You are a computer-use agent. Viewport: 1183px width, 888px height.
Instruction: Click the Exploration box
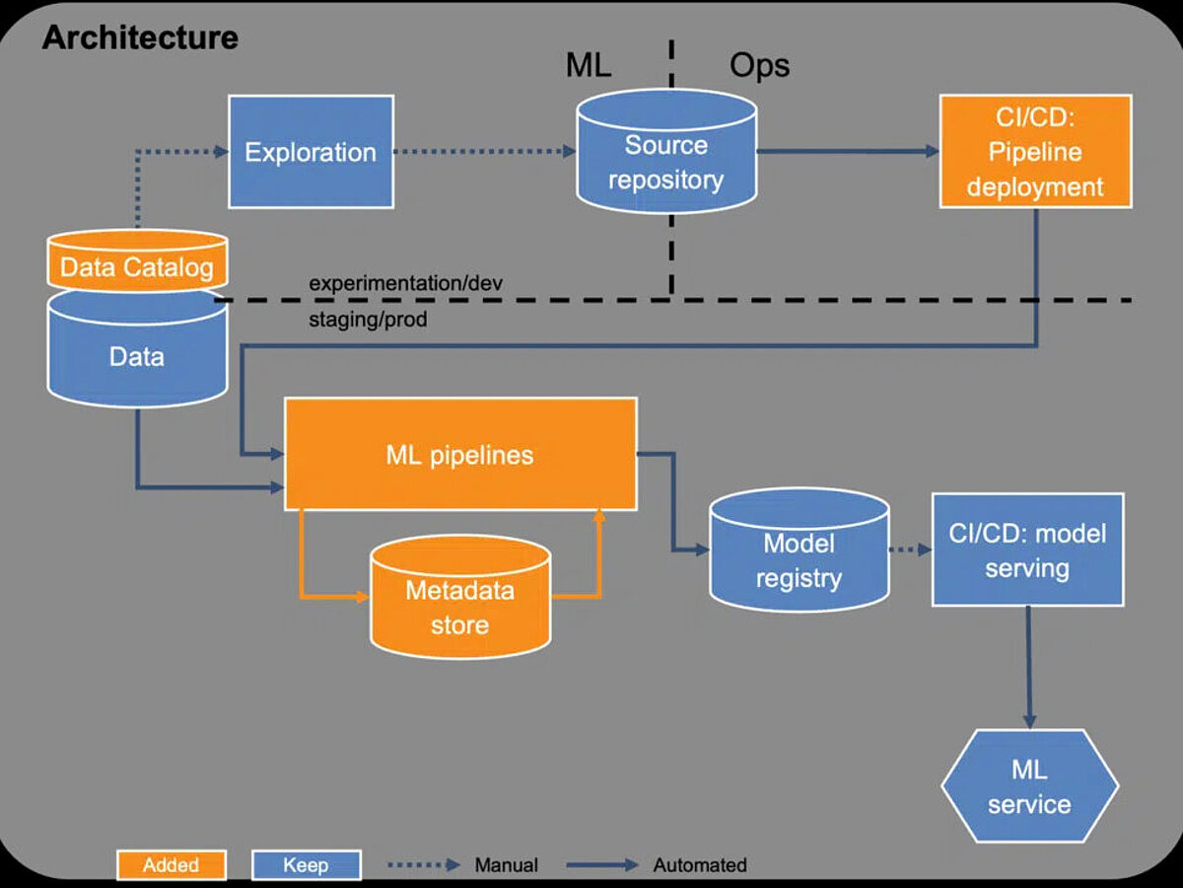pos(311,152)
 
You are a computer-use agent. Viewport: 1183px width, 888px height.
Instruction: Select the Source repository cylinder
pos(666,162)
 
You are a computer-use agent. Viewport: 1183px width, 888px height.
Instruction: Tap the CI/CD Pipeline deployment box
pos(1035,151)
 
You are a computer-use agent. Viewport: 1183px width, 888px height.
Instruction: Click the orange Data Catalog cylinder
pos(136,264)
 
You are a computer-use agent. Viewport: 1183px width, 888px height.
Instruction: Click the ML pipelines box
pos(459,455)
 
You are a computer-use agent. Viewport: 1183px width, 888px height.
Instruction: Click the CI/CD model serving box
pos(1027,550)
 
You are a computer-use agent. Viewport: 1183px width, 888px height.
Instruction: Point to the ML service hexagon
pos(1029,786)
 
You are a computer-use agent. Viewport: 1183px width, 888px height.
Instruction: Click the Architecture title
pos(140,37)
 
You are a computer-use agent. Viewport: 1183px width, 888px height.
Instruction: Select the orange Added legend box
pos(171,865)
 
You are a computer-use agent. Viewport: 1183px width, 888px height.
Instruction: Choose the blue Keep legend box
pos(306,865)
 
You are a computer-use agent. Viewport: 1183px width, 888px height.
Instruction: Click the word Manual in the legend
pos(506,865)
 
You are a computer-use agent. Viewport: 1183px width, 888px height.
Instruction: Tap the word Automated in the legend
pos(700,865)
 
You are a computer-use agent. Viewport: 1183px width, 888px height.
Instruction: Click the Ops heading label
pos(759,65)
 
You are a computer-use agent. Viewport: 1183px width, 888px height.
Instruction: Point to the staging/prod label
pos(369,320)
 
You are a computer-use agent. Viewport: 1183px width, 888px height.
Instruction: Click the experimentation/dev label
pos(406,283)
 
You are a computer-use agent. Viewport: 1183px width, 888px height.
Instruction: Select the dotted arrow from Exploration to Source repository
pos(483,152)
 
